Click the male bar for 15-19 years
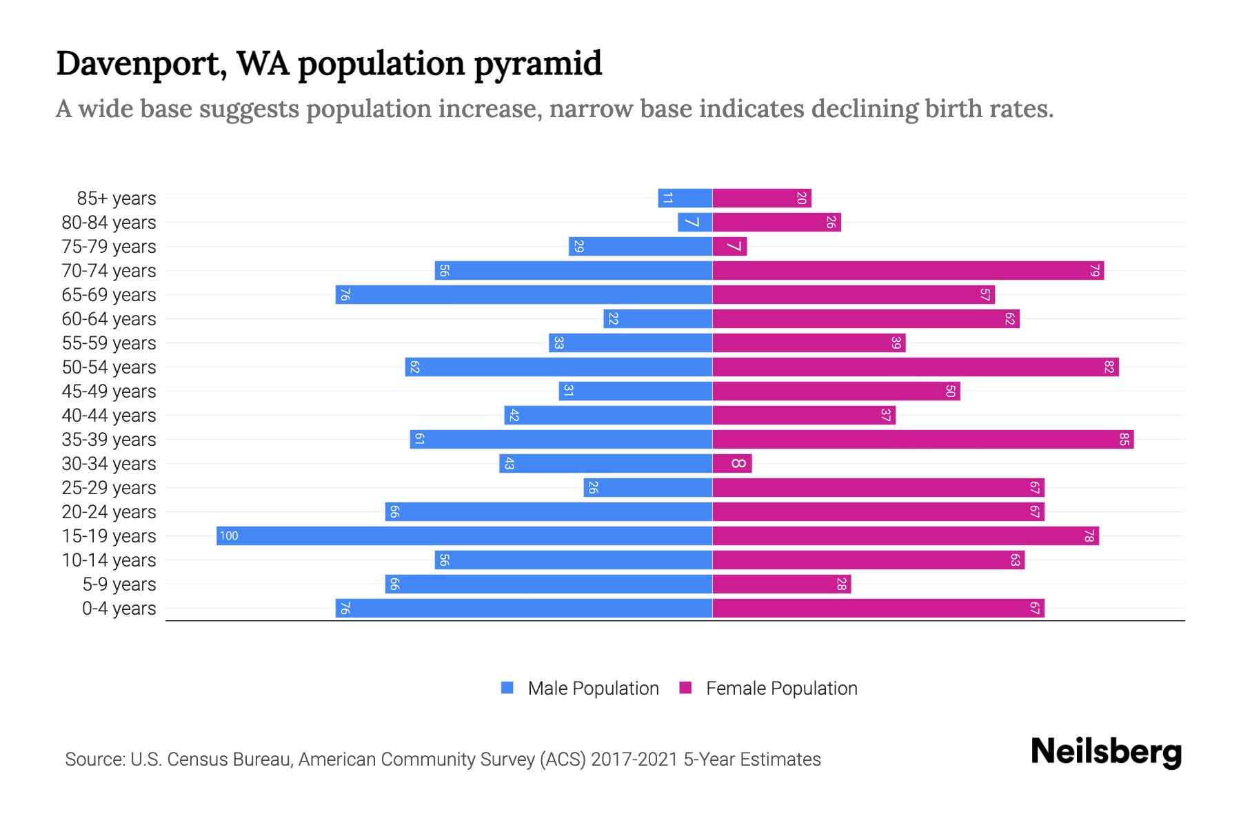tap(464, 535)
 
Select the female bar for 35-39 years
tap(922, 439)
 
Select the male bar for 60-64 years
tap(658, 318)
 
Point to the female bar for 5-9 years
tap(781, 584)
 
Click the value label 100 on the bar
tap(229, 535)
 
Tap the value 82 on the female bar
tap(1109, 367)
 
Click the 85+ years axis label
tap(117, 198)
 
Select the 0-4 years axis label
tap(119, 609)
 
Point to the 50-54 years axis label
tap(109, 367)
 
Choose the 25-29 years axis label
tap(109, 488)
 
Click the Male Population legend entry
tap(593, 688)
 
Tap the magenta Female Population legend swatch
tap(685, 688)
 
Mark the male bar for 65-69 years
tap(524, 294)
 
